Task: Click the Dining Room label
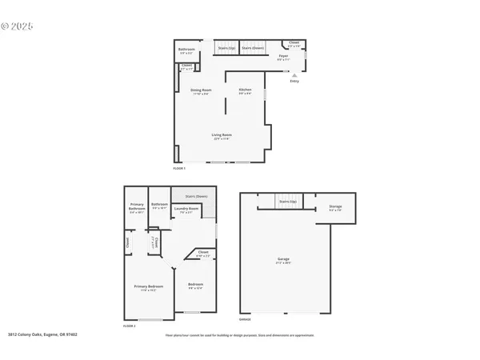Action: point(201,90)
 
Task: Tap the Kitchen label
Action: point(245,90)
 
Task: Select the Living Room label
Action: point(222,136)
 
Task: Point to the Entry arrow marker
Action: point(294,76)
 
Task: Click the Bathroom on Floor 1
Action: point(186,50)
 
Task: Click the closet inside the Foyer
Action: point(294,44)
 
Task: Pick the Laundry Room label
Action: point(188,212)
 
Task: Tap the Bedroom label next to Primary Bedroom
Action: point(195,286)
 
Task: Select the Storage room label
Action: point(335,208)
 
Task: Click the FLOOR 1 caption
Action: point(179,169)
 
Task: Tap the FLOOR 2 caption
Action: point(130,326)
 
